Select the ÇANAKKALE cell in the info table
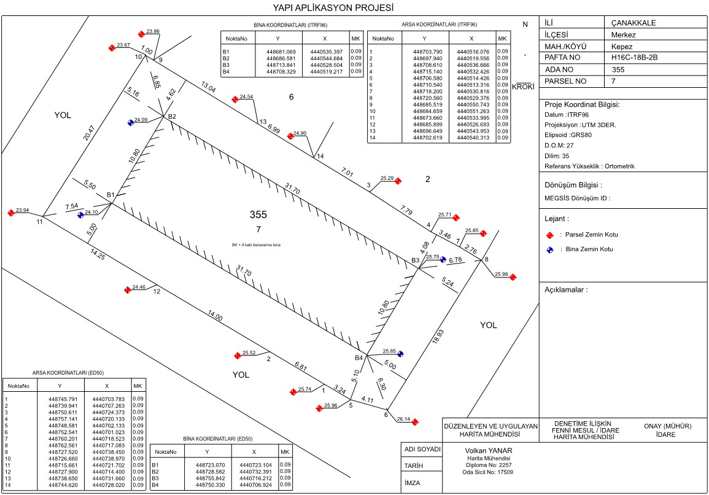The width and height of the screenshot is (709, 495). (630, 23)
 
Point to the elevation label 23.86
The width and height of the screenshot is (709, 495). (153, 31)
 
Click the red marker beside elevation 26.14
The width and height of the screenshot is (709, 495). (415, 422)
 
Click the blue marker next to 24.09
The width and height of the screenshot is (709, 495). (131, 122)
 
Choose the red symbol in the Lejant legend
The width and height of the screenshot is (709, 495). (550, 235)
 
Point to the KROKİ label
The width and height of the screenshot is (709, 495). (524, 87)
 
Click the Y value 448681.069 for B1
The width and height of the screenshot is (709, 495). (281, 52)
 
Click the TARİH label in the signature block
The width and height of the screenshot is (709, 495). (413, 466)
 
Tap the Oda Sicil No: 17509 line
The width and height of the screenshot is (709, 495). (489, 472)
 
